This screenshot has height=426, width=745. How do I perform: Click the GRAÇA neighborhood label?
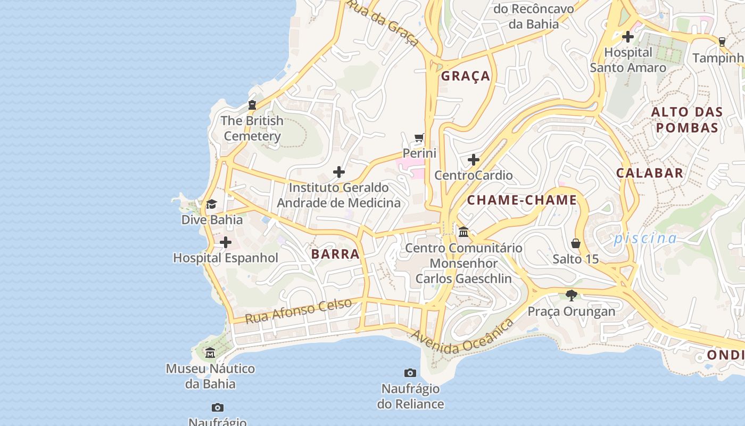466,76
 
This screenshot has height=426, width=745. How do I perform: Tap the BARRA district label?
335,254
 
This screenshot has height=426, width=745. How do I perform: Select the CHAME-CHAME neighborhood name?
522,200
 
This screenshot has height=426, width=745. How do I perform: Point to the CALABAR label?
650,173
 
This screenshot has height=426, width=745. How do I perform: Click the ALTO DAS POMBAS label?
687,120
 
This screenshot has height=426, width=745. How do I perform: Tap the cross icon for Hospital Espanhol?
226,243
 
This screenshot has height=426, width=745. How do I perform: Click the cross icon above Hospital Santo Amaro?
628,37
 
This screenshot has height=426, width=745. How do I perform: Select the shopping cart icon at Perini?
419,138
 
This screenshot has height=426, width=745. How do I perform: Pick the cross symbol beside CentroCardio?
473,160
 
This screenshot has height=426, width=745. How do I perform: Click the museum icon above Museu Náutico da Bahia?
210,353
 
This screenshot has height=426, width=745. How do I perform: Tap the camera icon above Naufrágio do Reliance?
410,373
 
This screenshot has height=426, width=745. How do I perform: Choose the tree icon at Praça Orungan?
572,296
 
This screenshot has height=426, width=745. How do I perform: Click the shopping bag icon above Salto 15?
576,244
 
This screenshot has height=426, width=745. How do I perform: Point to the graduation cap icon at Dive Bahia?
211,204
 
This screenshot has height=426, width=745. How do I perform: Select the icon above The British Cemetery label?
252,105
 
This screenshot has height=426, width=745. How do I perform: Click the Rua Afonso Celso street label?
299,311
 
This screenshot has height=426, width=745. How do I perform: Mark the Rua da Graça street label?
384,22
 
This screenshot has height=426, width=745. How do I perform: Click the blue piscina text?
645,238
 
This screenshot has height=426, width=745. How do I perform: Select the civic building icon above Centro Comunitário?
463,232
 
